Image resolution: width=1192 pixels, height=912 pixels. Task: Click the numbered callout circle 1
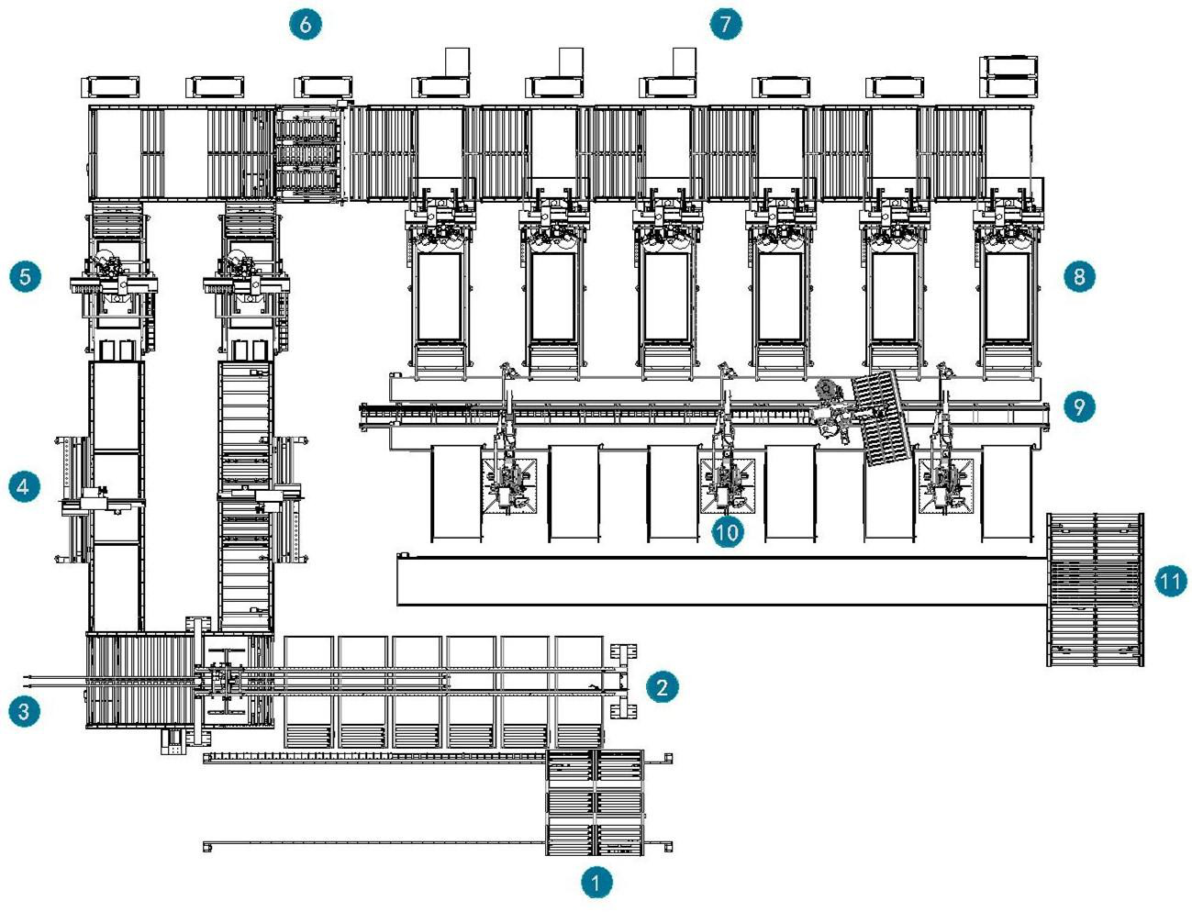tap(596, 883)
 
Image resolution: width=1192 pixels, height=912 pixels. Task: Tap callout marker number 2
tap(662, 686)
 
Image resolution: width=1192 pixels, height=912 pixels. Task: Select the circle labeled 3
tap(24, 710)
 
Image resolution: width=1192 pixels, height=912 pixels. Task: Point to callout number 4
tap(24, 485)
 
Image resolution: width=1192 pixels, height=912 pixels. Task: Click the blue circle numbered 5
tap(24, 275)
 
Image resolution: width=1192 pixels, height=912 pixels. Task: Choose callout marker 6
tap(306, 23)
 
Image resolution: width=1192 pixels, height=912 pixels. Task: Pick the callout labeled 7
tap(726, 23)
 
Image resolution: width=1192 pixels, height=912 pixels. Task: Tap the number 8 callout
tap(1079, 275)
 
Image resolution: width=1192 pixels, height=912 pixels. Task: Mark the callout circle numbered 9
tap(1079, 406)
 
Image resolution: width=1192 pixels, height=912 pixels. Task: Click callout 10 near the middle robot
tap(726, 531)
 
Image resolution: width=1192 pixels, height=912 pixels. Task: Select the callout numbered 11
tap(1170, 581)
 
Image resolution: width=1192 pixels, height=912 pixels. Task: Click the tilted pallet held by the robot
tap(881, 418)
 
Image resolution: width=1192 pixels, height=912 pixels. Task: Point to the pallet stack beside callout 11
tap(1095, 589)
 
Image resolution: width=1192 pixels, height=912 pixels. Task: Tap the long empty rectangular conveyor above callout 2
tap(721, 581)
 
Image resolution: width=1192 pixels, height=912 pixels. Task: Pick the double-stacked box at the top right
tap(1008, 76)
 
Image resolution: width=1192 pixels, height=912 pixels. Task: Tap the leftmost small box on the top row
tap(112, 87)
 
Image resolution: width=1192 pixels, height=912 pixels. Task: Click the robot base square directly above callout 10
tap(727, 484)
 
